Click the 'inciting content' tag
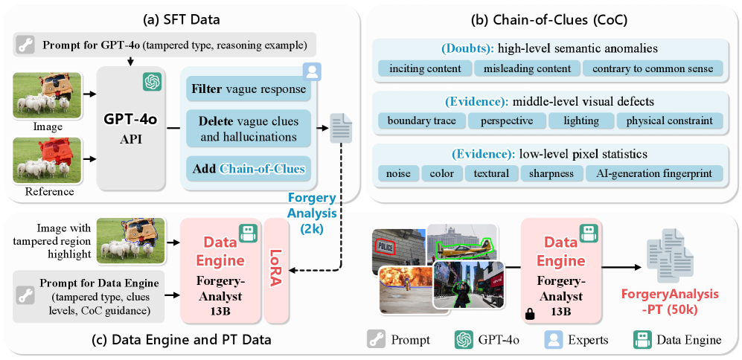point(424,69)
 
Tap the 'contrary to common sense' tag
point(652,69)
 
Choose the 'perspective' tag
point(507,120)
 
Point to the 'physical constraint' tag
point(668,120)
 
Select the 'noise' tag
point(397,173)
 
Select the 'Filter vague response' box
point(246,90)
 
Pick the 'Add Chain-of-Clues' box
point(246,169)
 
